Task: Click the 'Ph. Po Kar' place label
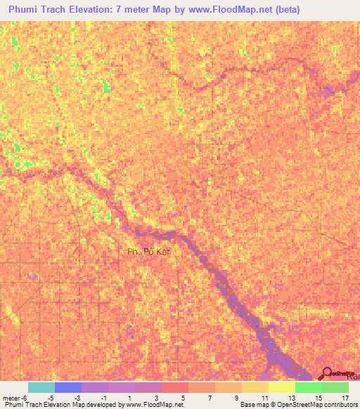[x=149, y=251]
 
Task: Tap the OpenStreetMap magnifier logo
[x=326, y=374]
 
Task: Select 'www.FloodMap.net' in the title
[x=226, y=9]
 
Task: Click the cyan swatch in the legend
[x=41, y=387]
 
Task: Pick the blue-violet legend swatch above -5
[x=68, y=387]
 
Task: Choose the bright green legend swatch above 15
[x=308, y=387]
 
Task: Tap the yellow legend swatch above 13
[x=281, y=387]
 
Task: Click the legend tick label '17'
[x=345, y=398]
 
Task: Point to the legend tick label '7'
[x=211, y=398]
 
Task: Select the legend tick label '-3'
[x=77, y=398]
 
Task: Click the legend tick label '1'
[x=131, y=398]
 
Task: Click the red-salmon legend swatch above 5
[x=174, y=387]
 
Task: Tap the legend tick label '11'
[x=264, y=398]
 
